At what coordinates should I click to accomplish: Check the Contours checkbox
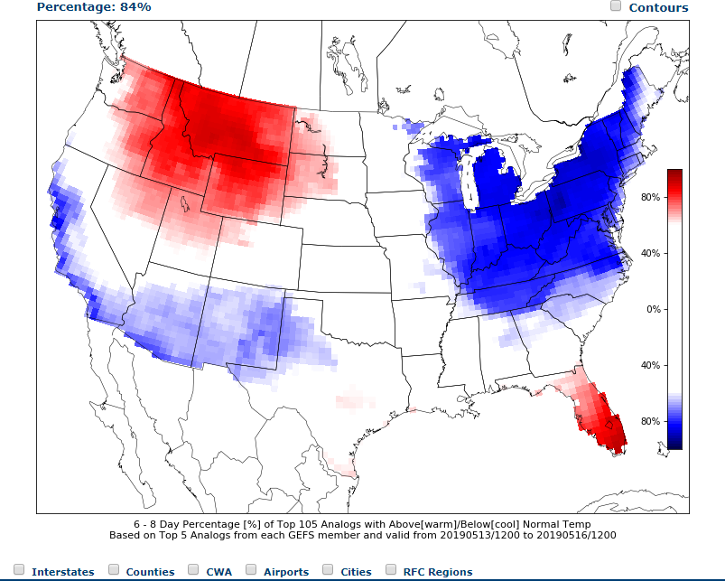tap(616, 6)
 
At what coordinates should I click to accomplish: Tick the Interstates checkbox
tap(19, 569)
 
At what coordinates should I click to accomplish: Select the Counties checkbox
tap(114, 569)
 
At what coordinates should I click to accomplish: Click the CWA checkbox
tap(193, 569)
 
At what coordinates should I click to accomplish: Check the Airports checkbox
tap(251, 569)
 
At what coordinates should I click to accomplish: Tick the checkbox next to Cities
tap(328, 569)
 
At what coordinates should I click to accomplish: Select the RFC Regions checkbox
tap(391, 569)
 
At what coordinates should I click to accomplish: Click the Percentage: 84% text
tap(94, 6)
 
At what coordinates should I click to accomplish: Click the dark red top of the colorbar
tap(674, 173)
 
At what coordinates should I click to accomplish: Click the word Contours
tap(658, 8)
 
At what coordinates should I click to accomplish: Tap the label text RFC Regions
tap(438, 572)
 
